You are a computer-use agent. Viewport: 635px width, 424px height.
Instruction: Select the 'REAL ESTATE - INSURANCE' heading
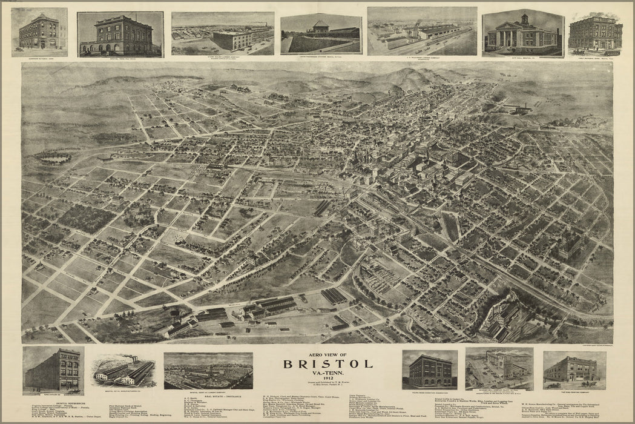pyautogui.click(x=208, y=398)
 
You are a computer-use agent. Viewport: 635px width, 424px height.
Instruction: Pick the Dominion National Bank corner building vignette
pyautogui.click(x=39, y=32)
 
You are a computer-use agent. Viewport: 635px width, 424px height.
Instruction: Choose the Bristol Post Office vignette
pyautogui.click(x=120, y=35)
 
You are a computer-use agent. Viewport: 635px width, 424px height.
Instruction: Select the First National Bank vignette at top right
pyautogui.click(x=596, y=34)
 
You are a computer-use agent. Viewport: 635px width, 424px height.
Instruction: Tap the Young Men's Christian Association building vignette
pyautogui.click(x=429, y=370)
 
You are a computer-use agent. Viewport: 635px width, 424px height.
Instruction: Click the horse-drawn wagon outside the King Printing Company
pyautogui.click(x=588, y=383)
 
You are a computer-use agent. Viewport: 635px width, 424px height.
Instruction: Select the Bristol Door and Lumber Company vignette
pyautogui.click(x=208, y=371)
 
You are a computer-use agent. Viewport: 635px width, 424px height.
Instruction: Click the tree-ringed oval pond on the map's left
pyautogui.click(x=53, y=157)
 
